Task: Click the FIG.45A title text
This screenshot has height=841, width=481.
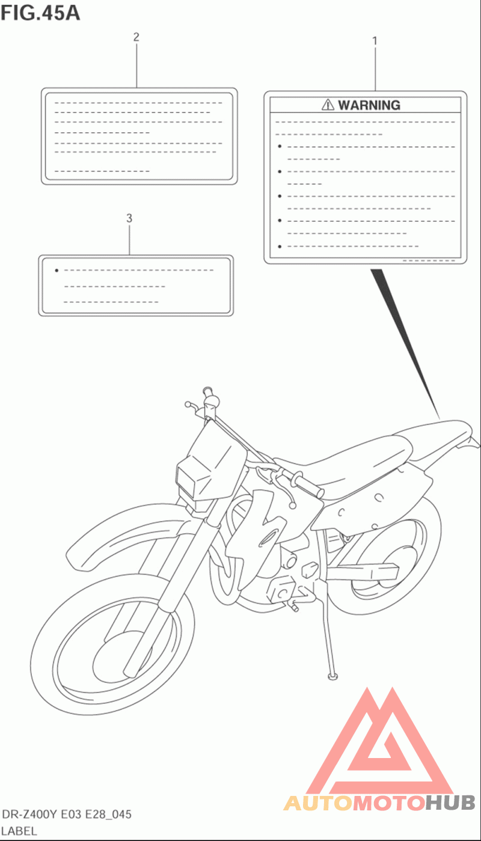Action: point(40,13)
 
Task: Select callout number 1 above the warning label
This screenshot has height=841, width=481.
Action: point(375,41)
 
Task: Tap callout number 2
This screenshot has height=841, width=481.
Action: point(136,37)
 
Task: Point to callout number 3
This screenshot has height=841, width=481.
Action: point(129,218)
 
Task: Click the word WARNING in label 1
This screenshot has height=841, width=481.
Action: point(369,105)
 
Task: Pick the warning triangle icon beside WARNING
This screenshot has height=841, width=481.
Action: point(328,105)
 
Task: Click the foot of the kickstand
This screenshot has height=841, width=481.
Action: point(331,677)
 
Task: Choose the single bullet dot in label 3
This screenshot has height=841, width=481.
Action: point(56,271)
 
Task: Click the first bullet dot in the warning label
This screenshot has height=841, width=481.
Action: point(280,147)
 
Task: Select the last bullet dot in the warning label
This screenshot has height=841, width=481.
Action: point(280,246)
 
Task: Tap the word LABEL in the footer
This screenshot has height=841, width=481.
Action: point(19,831)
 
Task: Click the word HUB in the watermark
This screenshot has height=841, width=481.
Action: point(450,802)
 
